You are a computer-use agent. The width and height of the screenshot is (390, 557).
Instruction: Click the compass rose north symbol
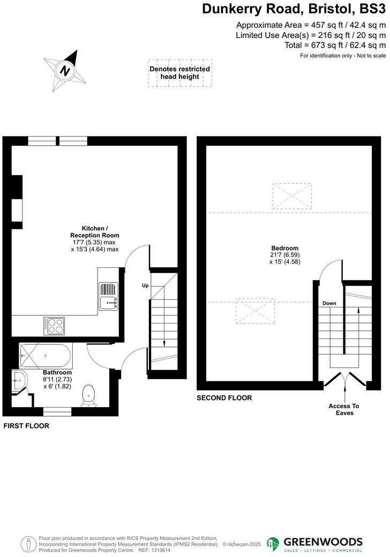coord(65,71)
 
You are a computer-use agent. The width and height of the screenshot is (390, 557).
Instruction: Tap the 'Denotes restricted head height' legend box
coord(179,73)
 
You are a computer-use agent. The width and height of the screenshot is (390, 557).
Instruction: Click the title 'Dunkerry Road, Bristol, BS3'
coord(294,9)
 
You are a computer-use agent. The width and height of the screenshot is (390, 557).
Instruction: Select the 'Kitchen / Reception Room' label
coord(95,231)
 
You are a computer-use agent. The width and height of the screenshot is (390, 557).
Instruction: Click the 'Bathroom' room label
coord(57,373)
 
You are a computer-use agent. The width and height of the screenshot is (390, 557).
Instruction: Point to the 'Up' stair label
coord(145,285)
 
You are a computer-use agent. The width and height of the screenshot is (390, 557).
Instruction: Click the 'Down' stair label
coord(329,304)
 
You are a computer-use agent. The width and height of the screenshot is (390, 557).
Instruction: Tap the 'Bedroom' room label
coord(285,248)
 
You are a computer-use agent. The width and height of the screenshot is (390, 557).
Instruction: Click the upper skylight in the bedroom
coord(292,195)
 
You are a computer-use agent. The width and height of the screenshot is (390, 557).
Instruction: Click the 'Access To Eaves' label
coord(343,410)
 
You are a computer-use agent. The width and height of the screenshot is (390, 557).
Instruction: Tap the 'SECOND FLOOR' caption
coord(224,398)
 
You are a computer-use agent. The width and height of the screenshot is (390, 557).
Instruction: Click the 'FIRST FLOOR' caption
coord(26,426)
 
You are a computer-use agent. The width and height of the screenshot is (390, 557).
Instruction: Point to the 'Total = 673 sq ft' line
coord(335,46)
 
